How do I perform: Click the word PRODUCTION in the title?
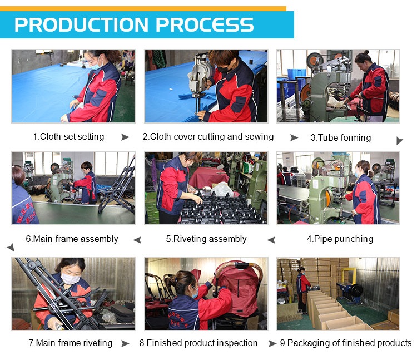click(81, 24)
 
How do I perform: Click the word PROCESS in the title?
click(205, 24)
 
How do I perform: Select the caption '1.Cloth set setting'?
click(68, 136)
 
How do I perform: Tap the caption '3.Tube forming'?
click(341, 137)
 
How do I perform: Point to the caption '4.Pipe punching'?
click(340, 239)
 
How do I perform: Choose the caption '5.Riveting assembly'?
click(206, 239)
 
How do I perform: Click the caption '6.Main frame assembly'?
click(72, 239)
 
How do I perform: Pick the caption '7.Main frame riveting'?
click(71, 343)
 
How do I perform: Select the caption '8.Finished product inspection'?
click(198, 343)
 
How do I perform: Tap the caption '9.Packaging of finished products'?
click(346, 343)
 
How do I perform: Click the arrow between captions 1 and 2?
click(125, 137)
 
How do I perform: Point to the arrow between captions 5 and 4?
click(271, 240)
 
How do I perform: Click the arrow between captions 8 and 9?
click(272, 343)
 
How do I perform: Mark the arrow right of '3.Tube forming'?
click(399, 140)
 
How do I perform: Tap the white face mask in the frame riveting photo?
click(71, 279)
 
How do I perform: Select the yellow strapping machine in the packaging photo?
click(349, 282)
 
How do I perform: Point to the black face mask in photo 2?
click(224, 70)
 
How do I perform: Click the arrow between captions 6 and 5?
click(137, 240)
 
